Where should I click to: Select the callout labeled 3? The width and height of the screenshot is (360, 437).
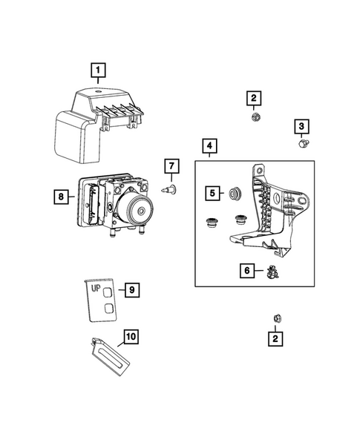point(303,127)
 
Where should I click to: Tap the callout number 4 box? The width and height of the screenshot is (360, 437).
point(210,147)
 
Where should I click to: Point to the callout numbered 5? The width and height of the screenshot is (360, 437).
point(212,193)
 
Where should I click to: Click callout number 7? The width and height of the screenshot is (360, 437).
point(170,164)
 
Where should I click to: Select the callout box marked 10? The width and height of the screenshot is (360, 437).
point(131,337)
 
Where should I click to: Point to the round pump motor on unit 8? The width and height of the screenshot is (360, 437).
point(138,213)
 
